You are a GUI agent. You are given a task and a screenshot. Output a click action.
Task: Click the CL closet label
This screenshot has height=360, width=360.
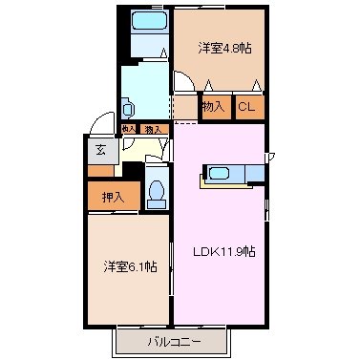(246, 107)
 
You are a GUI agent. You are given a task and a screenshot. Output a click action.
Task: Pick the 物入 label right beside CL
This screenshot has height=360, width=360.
(214, 107)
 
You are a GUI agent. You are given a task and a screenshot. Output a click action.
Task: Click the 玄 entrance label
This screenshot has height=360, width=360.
(100, 149)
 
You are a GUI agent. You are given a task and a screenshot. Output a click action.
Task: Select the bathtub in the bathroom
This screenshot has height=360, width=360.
(148, 21)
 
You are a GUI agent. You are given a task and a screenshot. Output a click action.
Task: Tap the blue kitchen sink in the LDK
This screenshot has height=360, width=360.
(220, 174)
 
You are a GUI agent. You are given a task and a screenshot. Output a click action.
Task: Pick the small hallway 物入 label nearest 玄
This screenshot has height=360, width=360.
(128, 127)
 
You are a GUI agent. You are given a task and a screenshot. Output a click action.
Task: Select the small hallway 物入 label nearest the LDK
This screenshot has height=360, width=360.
(151, 128)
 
